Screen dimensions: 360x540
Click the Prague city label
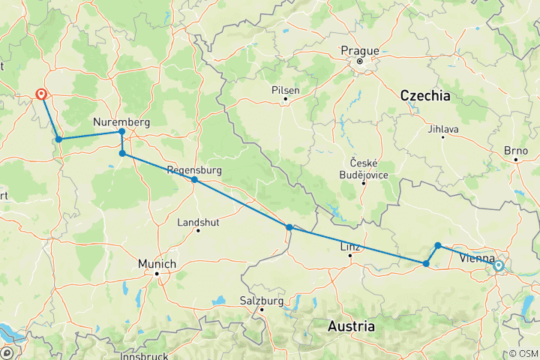tap(360, 51)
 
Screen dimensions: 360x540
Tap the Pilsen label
tap(286, 90)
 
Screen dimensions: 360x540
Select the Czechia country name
tap(425, 96)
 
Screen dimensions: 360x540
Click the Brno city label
tap(516, 151)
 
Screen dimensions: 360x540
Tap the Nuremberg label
tap(121, 122)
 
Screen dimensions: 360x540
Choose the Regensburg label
tap(195, 170)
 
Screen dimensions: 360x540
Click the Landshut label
tap(197, 222)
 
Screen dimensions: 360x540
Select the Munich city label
tap(157, 264)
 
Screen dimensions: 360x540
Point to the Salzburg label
tap(262, 301)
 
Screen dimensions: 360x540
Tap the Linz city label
tap(349, 247)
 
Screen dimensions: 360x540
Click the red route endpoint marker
tap(41, 95)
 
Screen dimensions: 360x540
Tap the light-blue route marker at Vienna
tap(498, 265)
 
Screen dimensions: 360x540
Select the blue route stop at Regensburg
tap(194, 180)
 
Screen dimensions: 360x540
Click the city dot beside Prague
tap(360, 61)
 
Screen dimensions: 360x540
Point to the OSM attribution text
tap(523, 353)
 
